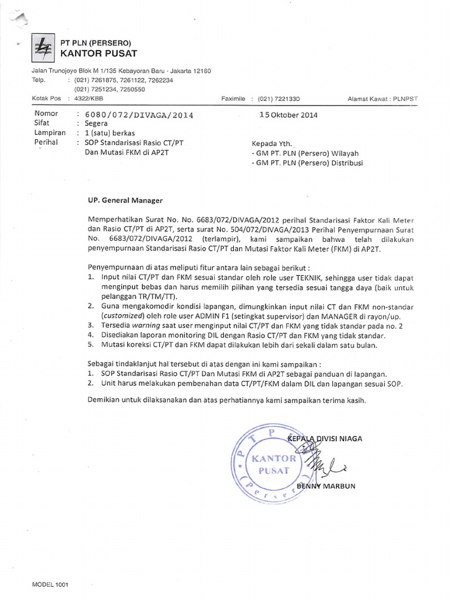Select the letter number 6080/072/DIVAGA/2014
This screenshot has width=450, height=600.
tap(139, 115)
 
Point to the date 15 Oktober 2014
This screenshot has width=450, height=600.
tap(288, 115)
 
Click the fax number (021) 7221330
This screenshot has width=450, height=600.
tap(278, 99)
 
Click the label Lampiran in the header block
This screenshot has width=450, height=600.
tap(49, 134)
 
